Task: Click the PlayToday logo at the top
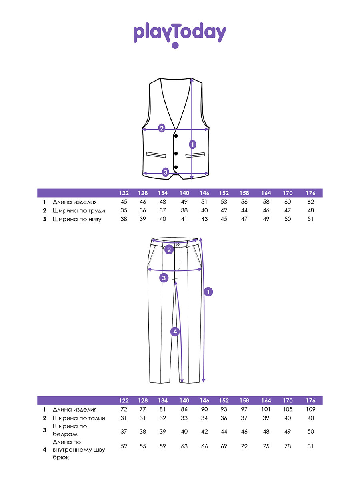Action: [180, 35]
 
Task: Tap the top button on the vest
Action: [176, 136]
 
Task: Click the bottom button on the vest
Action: [176, 167]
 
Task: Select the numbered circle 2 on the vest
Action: [162, 128]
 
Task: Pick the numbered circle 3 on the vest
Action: [166, 172]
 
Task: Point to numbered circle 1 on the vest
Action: [192, 144]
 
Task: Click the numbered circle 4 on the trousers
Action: [175, 332]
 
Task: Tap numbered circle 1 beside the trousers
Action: [208, 292]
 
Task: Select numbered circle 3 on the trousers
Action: [164, 278]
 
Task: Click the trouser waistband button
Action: [178, 244]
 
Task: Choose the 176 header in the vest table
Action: [311, 193]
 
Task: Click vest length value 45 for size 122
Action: [124, 202]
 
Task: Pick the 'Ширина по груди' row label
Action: [79, 210]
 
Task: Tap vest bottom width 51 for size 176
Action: [310, 219]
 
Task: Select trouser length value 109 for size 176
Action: [311, 409]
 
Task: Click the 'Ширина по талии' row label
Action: [79, 418]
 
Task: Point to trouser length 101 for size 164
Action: [266, 409]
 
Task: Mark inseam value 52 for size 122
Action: [124, 446]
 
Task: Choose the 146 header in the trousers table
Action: [204, 401]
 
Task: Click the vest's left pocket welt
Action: [156, 155]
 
